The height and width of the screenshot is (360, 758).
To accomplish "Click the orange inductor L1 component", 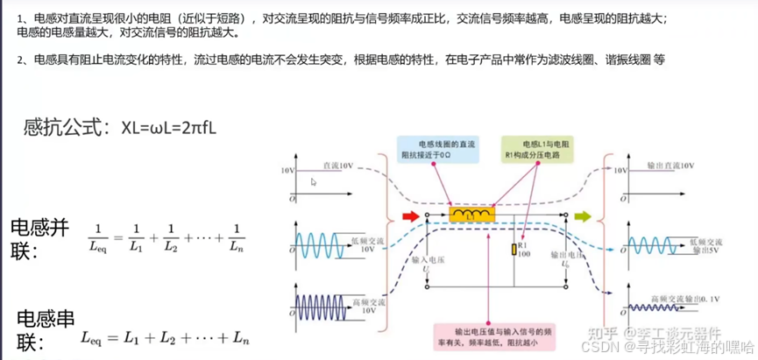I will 472,215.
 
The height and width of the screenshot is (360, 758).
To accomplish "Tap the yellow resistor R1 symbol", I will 514,250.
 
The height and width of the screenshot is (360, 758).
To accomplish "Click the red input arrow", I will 409,215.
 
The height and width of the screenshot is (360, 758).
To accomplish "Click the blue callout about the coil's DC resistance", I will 436,149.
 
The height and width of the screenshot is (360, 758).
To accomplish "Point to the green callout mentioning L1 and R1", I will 536,149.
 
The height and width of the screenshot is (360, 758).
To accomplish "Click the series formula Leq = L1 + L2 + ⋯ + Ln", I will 166,337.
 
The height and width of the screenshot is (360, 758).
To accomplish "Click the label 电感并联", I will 39,238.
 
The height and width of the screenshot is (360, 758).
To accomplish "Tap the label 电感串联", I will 40,329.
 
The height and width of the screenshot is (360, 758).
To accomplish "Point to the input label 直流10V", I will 336,164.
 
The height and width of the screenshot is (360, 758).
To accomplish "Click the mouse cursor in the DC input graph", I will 314,182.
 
